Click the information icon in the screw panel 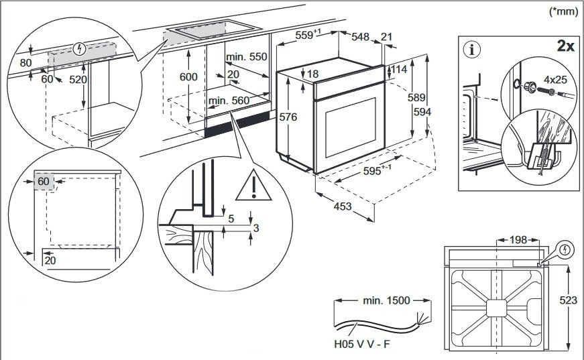pos(475,49)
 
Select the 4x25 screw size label pos(555,79)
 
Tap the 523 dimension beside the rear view pos(568,300)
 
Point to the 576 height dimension pos(288,117)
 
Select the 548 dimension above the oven pos(360,37)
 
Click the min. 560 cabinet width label pos(229,101)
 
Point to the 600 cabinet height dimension pos(188,77)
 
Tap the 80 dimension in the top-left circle pos(26,63)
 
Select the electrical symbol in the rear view pos(567,250)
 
